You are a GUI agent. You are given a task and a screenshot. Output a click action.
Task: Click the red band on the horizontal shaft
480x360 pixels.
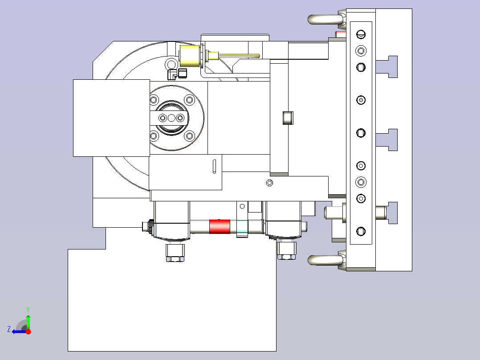(220, 226)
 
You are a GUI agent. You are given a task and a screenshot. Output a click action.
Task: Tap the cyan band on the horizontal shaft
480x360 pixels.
(242, 227)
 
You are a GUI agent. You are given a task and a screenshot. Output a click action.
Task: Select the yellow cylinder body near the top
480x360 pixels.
(190, 56)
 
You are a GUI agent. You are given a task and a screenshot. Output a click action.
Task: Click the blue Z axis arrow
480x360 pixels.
(19, 331)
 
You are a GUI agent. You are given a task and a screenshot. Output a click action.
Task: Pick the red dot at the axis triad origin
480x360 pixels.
(28, 331)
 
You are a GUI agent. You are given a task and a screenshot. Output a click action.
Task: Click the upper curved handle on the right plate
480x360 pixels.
(325, 19)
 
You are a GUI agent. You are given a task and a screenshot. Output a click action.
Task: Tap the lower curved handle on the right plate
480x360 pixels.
(325, 260)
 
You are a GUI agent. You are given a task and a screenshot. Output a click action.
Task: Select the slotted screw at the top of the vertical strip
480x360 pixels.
(361, 34)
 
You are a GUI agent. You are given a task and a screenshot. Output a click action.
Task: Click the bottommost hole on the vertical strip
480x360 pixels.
(361, 231)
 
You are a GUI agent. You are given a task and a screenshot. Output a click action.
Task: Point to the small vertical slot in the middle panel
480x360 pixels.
(214, 166)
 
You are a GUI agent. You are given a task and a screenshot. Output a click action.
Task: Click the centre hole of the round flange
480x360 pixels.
(171, 118)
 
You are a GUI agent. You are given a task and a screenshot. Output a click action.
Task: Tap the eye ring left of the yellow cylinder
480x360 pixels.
(171, 65)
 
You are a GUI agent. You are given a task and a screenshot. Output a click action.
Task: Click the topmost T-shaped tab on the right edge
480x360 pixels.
(387, 67)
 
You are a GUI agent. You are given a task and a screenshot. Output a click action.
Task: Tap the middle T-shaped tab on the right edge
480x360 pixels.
(387, 140)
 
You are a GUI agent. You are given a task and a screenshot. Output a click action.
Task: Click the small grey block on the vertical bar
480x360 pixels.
(288, 118)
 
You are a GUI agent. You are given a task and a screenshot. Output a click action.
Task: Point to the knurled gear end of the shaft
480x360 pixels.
(150, 227)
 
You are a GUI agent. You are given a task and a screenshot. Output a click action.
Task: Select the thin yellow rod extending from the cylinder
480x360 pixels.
(239, 56)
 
